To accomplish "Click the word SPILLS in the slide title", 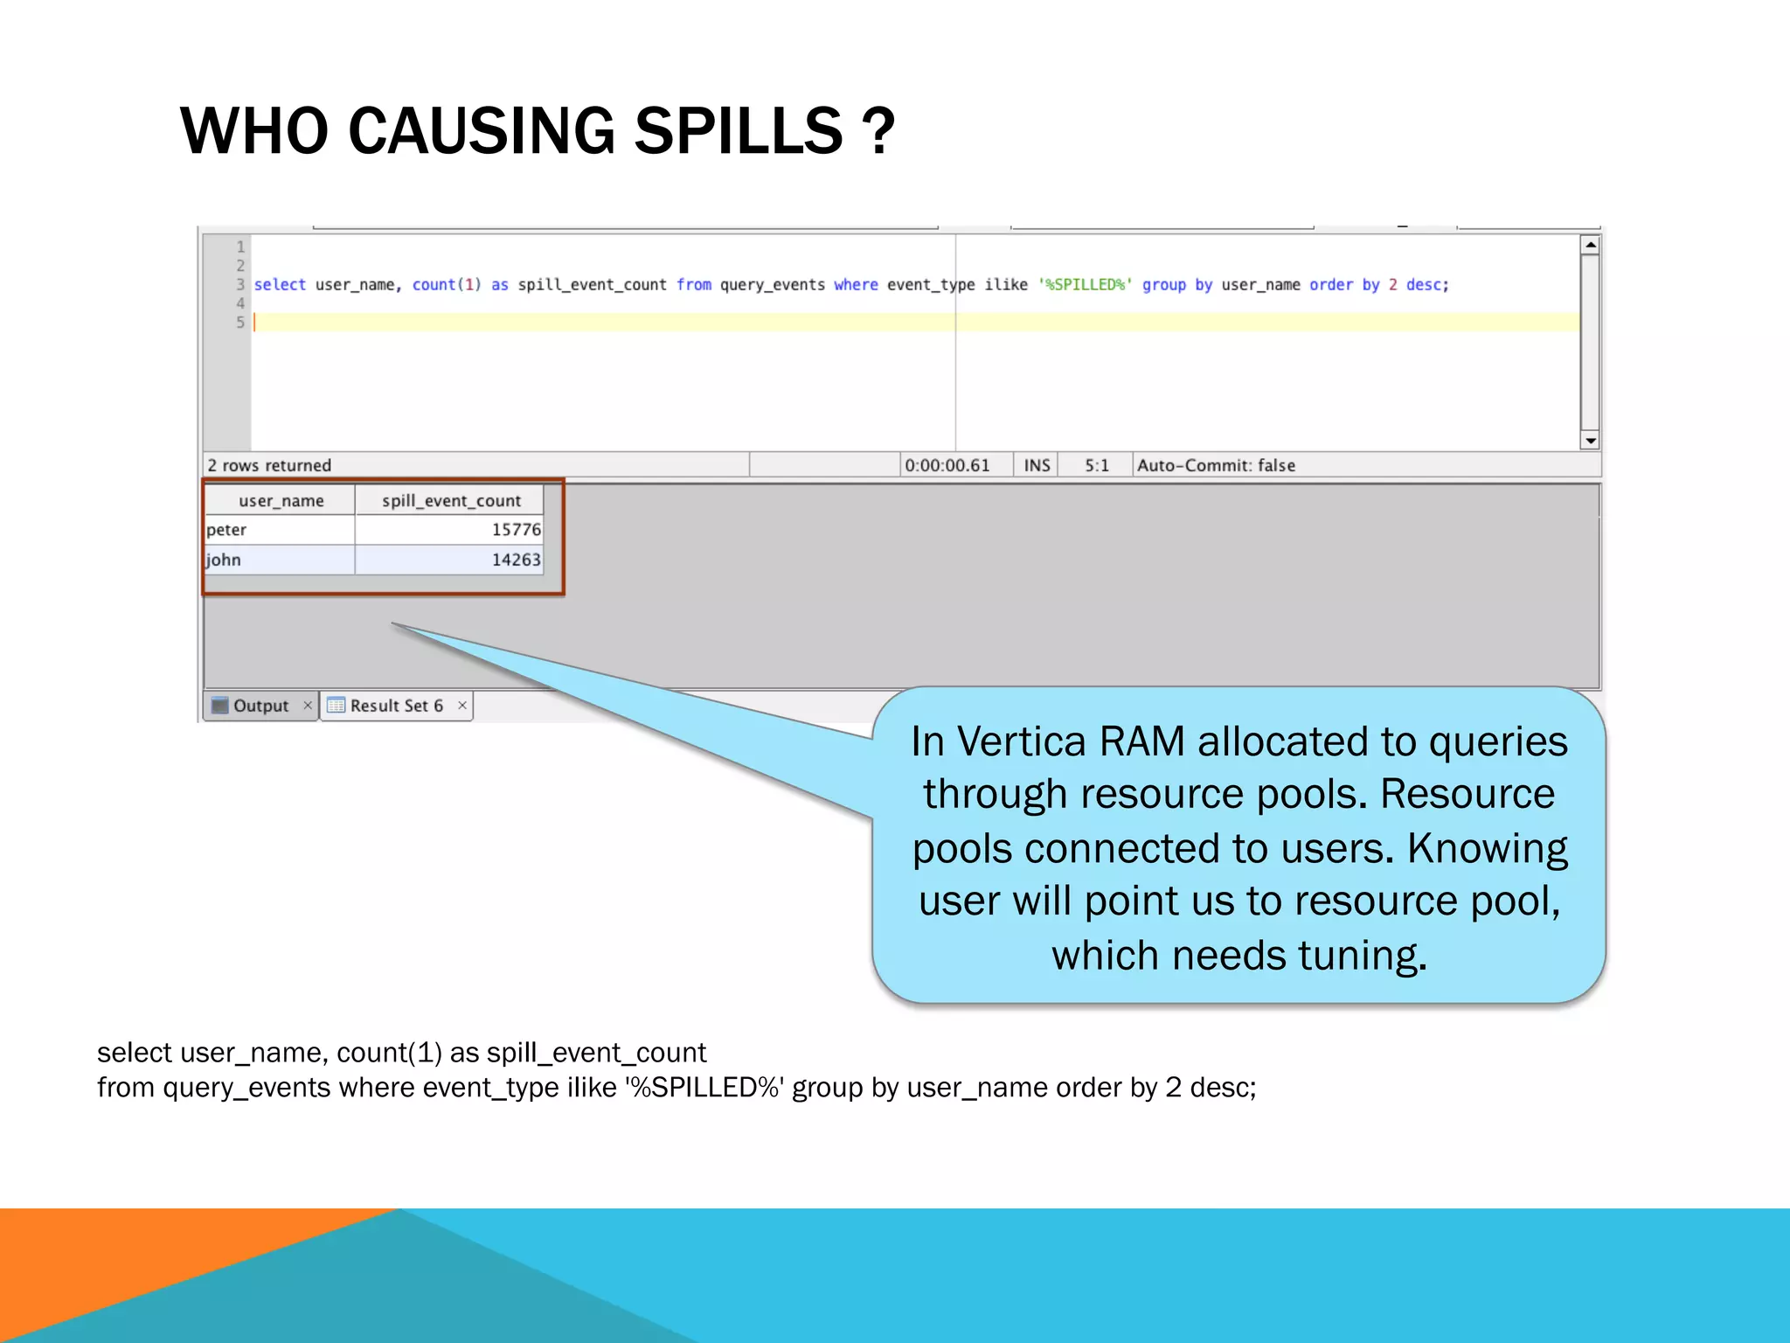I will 738,131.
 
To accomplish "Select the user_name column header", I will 281,501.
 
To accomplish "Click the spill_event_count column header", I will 451,501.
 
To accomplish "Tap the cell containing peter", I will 227,530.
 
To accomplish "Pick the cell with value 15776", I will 516,530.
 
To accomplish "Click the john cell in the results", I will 224,560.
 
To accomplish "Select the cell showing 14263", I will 516,560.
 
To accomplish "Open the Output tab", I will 260,706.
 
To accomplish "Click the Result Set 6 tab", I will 396,706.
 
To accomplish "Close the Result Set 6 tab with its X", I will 462,706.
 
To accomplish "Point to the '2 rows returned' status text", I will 269,465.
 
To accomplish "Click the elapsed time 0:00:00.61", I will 947,465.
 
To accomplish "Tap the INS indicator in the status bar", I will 1037,465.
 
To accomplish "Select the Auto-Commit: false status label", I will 1216,465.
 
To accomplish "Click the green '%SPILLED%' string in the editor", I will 1085,285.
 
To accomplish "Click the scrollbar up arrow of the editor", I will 1591,245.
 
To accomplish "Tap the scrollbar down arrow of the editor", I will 1591,441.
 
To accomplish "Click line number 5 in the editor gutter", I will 240,323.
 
